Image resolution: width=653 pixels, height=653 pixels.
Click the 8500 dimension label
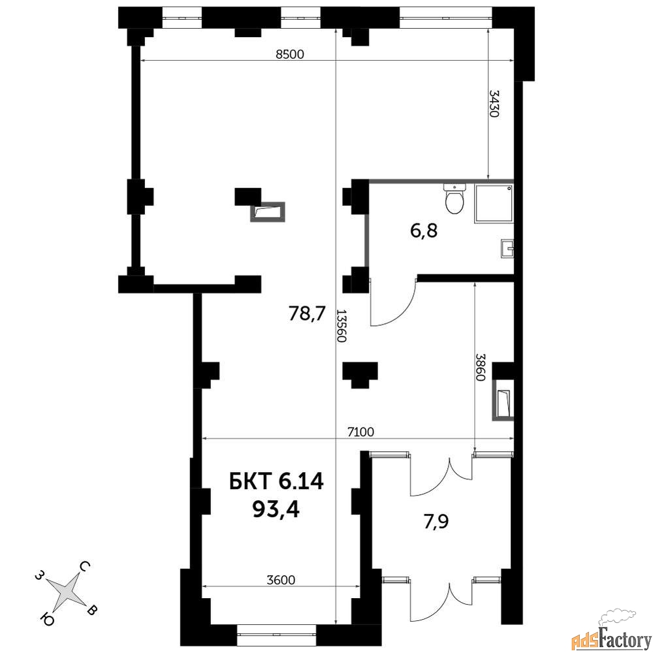click(290, 54)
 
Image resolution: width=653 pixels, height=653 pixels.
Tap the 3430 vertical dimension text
click(494, 104)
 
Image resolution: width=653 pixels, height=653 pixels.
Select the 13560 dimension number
click(342, 326)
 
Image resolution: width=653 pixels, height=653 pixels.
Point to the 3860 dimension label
click(481, 367)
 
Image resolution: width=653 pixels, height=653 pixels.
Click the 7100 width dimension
click(360, 432)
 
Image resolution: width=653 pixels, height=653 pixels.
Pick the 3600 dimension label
click(281, 580)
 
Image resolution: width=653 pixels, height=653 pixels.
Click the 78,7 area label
click(306, 313)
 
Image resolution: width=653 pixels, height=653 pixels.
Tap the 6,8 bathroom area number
click(424, 231)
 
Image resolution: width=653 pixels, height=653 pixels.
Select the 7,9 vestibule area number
click(436, 521)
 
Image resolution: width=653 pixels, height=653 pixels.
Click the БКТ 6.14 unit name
click(276, 482)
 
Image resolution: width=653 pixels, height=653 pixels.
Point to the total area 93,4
click(276, 509)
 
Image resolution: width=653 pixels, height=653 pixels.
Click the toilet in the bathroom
click(454, 199)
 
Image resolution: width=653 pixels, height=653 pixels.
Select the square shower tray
click(494, 204)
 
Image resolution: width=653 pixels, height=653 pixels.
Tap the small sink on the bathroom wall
click(507, 249)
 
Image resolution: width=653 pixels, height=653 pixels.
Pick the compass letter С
click(84, 566)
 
